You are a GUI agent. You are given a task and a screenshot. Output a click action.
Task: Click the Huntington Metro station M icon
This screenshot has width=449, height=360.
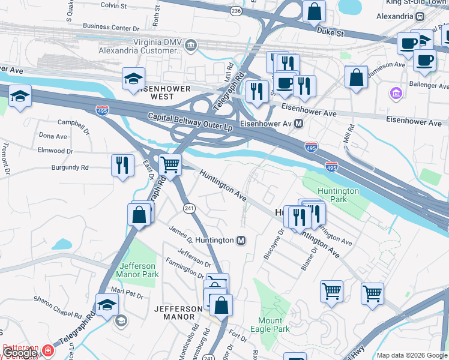coord(241,240)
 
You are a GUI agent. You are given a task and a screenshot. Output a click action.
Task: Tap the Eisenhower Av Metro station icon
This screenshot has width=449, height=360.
coord(299,124)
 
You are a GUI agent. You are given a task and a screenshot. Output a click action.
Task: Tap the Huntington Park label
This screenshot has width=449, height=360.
coord(339,195)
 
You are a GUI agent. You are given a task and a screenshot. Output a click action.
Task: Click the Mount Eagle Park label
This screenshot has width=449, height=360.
coord(274,325)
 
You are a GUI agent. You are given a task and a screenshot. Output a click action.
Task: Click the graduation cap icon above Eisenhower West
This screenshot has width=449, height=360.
coord(133,79)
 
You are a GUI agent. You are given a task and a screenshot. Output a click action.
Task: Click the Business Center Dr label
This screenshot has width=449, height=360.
coord(110,26)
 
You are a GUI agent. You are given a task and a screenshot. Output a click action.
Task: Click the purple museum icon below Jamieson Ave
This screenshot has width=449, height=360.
coord(396,93)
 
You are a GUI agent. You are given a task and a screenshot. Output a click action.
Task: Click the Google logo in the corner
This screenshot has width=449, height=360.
coord(19,353)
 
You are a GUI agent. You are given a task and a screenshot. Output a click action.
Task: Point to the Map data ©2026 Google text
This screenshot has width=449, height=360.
coord(412,355)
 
